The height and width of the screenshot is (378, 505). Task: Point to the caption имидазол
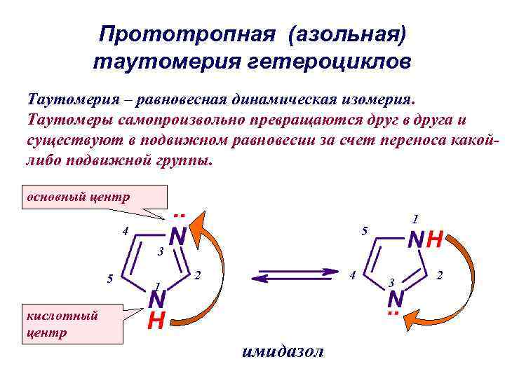[x=282, y=351]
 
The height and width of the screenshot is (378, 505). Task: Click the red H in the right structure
[x=436, y=240]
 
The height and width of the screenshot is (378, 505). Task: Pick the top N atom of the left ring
[x=178, y=237]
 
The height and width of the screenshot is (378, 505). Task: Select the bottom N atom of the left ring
[x=157, y=300]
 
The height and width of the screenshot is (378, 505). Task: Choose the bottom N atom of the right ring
[x=396, y=300]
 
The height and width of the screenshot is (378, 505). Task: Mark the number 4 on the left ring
[x=124, y=232]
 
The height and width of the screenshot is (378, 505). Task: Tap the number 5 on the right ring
[x=363, y=231]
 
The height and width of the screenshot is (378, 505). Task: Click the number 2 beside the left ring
[x=198, y=275]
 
